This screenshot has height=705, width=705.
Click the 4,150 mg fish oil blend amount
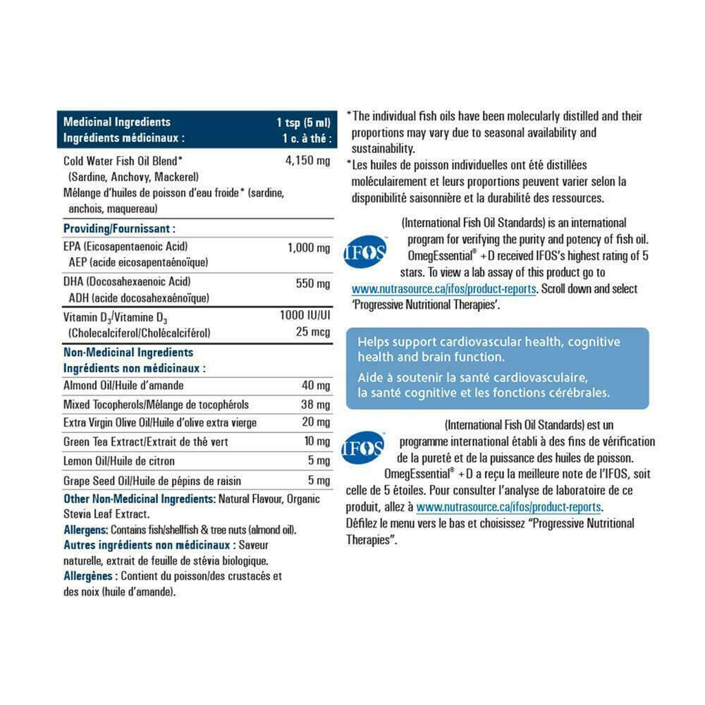(x=307, y=161)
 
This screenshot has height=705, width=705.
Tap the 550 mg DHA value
(x=313, y=284)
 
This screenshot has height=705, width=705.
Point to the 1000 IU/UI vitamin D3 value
(x=305, y=317)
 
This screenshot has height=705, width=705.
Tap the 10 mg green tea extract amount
(x=317, y=442)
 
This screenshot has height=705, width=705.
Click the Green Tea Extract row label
(x=145, y=442)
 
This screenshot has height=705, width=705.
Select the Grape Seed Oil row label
(x=152, y=481)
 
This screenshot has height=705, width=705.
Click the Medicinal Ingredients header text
(x=116, y=122)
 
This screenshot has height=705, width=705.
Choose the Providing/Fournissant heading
(x=119, y=228)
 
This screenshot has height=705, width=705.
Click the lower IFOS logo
(x=363, y=448)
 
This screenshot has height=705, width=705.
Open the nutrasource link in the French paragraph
(x=508, y=507)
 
